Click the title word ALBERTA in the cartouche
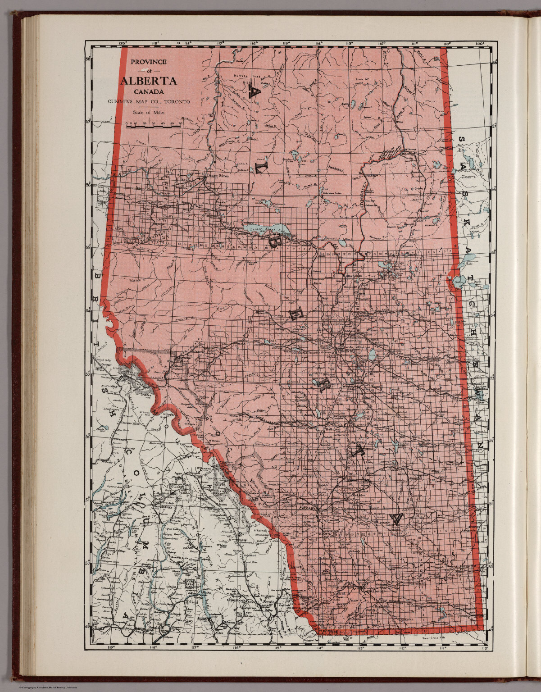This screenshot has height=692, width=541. tap(148, 82)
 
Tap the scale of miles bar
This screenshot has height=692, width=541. tap(154, 127)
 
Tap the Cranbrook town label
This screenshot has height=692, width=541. tap(235, 600)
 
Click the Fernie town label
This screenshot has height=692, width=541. tap(269, 602)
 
